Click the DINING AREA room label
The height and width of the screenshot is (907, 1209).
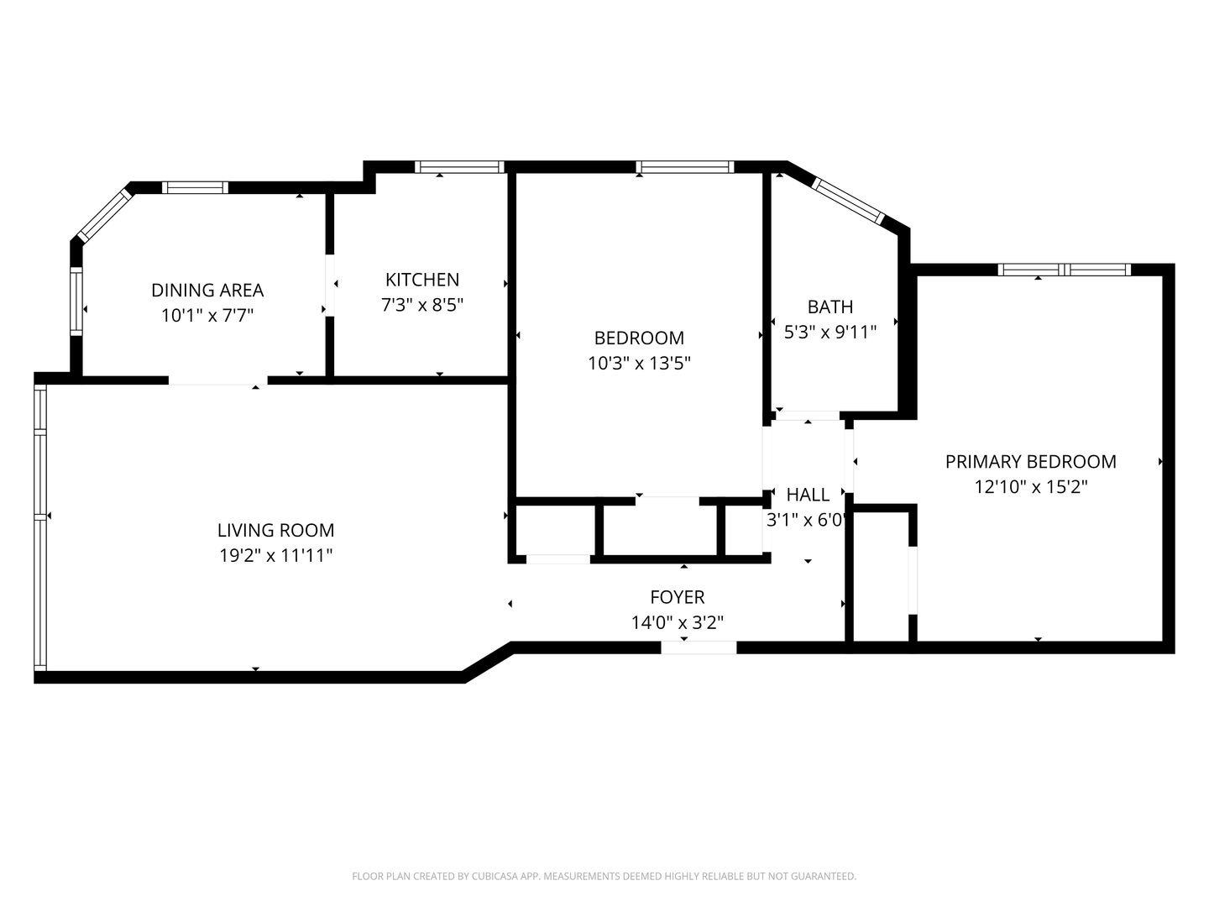207,290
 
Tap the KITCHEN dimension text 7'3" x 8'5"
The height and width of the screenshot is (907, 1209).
422,305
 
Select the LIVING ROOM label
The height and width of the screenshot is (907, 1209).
275,530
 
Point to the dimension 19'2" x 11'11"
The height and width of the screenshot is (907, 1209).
275,555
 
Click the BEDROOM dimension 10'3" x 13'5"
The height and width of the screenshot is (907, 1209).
639,363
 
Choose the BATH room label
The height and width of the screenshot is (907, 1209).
830,307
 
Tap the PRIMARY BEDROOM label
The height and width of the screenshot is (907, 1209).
1030,461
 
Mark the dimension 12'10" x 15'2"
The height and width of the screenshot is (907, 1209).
1030,486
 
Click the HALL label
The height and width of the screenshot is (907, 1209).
808,495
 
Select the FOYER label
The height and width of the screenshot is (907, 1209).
678,597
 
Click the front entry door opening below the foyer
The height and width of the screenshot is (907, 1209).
699,647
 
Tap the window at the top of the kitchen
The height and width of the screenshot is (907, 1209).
459,167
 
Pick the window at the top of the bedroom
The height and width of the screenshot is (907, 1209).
685,167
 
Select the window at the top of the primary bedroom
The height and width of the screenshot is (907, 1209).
1064,270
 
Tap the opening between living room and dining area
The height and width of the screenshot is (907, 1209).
218,380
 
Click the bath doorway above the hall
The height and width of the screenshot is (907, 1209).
808,415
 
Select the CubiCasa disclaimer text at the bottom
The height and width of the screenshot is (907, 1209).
604,876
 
